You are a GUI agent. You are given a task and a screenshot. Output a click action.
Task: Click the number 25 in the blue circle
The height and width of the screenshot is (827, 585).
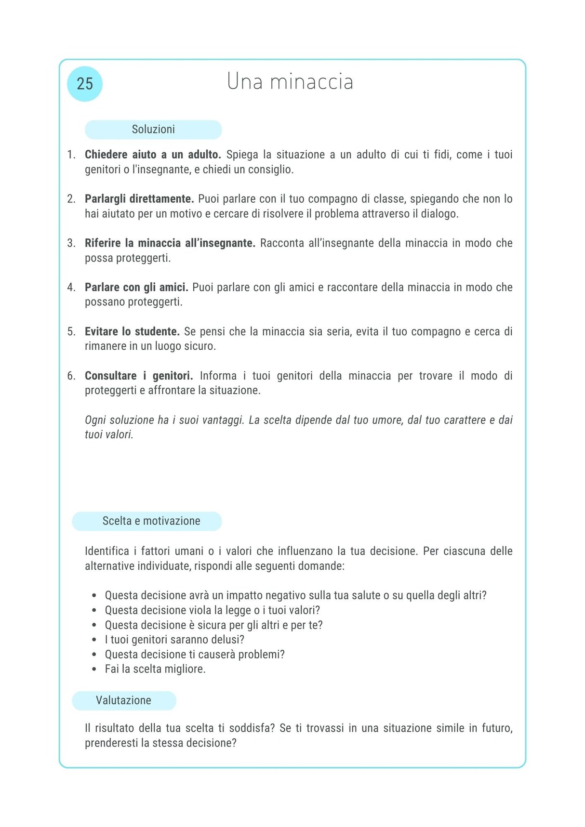[x=85, y=84]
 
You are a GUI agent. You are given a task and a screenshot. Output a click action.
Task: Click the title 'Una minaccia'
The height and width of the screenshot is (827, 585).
[x=290, y=81]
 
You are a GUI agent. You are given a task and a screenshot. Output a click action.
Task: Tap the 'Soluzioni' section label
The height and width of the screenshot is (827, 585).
[x=153, y=130]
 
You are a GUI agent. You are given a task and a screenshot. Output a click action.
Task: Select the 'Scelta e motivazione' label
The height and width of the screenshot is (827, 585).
[x=151, y=521]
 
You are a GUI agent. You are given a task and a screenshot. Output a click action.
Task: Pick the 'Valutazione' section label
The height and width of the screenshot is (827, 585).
[x=123, y=700]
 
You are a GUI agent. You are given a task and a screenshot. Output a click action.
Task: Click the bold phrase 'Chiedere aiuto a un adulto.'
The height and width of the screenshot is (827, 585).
[x=153, y=155]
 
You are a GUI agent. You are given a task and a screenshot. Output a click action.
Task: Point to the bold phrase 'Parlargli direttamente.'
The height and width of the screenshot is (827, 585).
[x=139, y=199]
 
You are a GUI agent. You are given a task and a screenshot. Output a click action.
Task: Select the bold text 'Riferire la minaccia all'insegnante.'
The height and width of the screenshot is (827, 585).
[x=170, y=243]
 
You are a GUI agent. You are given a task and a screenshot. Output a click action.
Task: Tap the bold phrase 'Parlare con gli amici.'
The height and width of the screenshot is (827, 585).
[x=136, y=288]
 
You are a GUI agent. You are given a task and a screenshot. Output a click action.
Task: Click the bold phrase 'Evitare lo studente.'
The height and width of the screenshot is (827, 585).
[x=132, y=332]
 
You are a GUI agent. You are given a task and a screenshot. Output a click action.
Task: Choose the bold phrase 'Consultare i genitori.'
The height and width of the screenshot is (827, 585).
[x=139, y=376]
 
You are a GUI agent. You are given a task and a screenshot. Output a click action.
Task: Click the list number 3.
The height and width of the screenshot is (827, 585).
[x=71, y=243]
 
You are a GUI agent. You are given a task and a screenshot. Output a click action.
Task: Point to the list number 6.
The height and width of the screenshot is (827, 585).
[x=71, y=376]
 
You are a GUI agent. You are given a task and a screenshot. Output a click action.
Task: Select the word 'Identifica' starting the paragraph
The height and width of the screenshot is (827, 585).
[x=107, y=551]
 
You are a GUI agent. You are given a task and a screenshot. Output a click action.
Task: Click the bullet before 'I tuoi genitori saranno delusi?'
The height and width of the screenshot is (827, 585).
[x=94, y=640]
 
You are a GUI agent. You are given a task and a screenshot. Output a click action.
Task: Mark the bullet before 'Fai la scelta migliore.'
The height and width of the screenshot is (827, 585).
[x=94, y=669]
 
